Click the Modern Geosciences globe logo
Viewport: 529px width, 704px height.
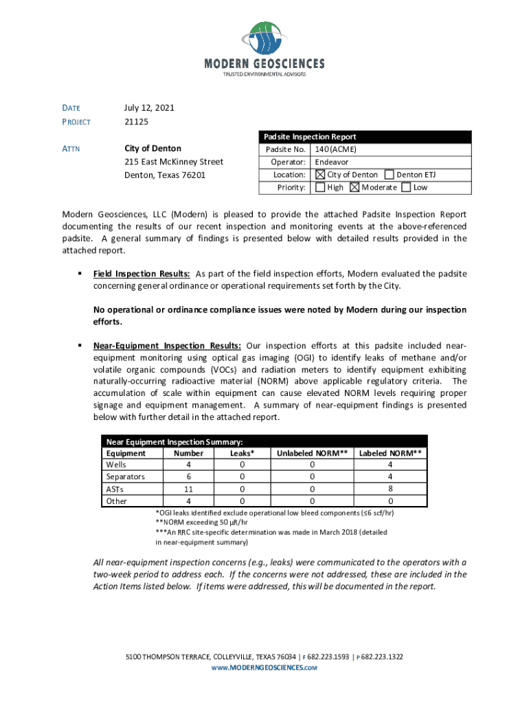264,37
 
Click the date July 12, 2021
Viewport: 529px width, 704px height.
149,108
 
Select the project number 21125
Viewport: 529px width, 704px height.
136,122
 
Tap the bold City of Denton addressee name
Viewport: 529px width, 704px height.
153,148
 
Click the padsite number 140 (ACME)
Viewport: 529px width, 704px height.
335,149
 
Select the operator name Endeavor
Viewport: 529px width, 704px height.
332,162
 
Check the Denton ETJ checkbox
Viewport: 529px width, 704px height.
390,175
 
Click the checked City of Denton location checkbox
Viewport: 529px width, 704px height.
320,175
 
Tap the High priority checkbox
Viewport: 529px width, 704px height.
320,187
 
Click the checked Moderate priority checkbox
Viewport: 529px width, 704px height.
354,187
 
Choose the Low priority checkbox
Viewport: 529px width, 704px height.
406,187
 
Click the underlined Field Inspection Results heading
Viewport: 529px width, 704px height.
142,274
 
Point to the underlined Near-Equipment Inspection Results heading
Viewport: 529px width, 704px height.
167,345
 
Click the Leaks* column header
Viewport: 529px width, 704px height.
242,453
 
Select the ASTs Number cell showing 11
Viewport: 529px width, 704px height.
188,489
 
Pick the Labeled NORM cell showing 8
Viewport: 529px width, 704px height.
390,489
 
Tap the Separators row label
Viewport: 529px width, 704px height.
126,476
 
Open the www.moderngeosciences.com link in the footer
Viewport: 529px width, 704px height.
264,668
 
